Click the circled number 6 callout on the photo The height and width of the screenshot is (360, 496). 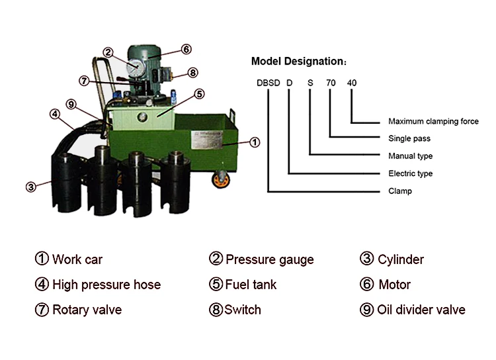186,49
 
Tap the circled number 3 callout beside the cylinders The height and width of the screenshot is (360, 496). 30,187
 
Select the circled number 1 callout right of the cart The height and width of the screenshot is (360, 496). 255,142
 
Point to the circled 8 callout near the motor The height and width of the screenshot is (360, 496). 192,73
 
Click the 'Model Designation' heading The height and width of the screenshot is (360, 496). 298,62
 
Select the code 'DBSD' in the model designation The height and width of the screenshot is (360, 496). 268,83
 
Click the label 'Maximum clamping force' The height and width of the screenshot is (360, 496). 433,122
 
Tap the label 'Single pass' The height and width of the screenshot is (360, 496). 409,139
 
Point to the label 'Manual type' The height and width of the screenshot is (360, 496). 410,156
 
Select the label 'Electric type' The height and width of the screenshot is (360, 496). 410,173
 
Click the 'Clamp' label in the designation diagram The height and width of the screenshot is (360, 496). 399,191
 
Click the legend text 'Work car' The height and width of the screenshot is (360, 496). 77,259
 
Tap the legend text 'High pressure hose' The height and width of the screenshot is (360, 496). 106,285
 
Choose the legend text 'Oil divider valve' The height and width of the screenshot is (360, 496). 421,310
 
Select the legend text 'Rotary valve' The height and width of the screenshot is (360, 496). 87,310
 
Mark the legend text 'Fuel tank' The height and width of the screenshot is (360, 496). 251,285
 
